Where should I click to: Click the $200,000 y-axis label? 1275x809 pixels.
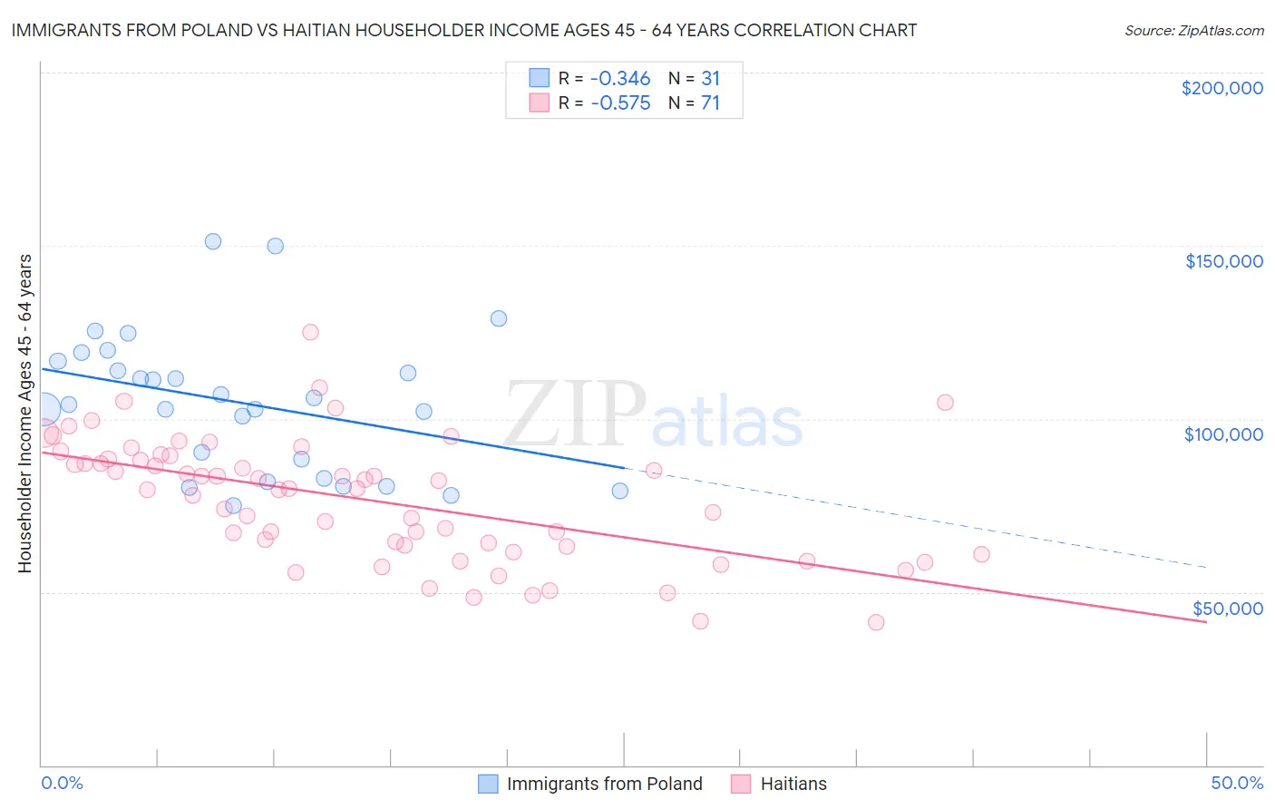[1221, 88]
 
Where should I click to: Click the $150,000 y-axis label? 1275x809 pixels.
[1223, 261]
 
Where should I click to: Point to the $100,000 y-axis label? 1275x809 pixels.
[1223, 434]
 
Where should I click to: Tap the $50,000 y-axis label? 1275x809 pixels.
[1227, 608]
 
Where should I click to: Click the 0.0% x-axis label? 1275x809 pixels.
[62, 783]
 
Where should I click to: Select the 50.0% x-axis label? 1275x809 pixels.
[1237, 783]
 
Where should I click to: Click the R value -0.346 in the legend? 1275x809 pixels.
[620, 79]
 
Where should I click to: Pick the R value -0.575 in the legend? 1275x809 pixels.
[620, 103]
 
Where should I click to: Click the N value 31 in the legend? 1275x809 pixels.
[710, 79]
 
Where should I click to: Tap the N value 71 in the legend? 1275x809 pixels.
[710, 103]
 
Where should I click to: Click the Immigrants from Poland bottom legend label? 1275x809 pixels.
[604, 784]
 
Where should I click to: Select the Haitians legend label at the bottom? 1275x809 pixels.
[793, 784]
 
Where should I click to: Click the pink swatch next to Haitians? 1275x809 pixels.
[741, 784]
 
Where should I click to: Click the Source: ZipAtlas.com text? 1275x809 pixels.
[1193, 30]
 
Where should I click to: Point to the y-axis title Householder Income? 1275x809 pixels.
[24, 414]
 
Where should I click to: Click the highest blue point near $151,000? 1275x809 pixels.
[213, 241]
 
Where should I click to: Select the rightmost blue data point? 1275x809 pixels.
[619, 491]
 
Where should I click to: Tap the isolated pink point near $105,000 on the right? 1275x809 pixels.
[945, 403]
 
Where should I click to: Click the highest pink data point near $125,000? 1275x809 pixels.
[310, 332]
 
